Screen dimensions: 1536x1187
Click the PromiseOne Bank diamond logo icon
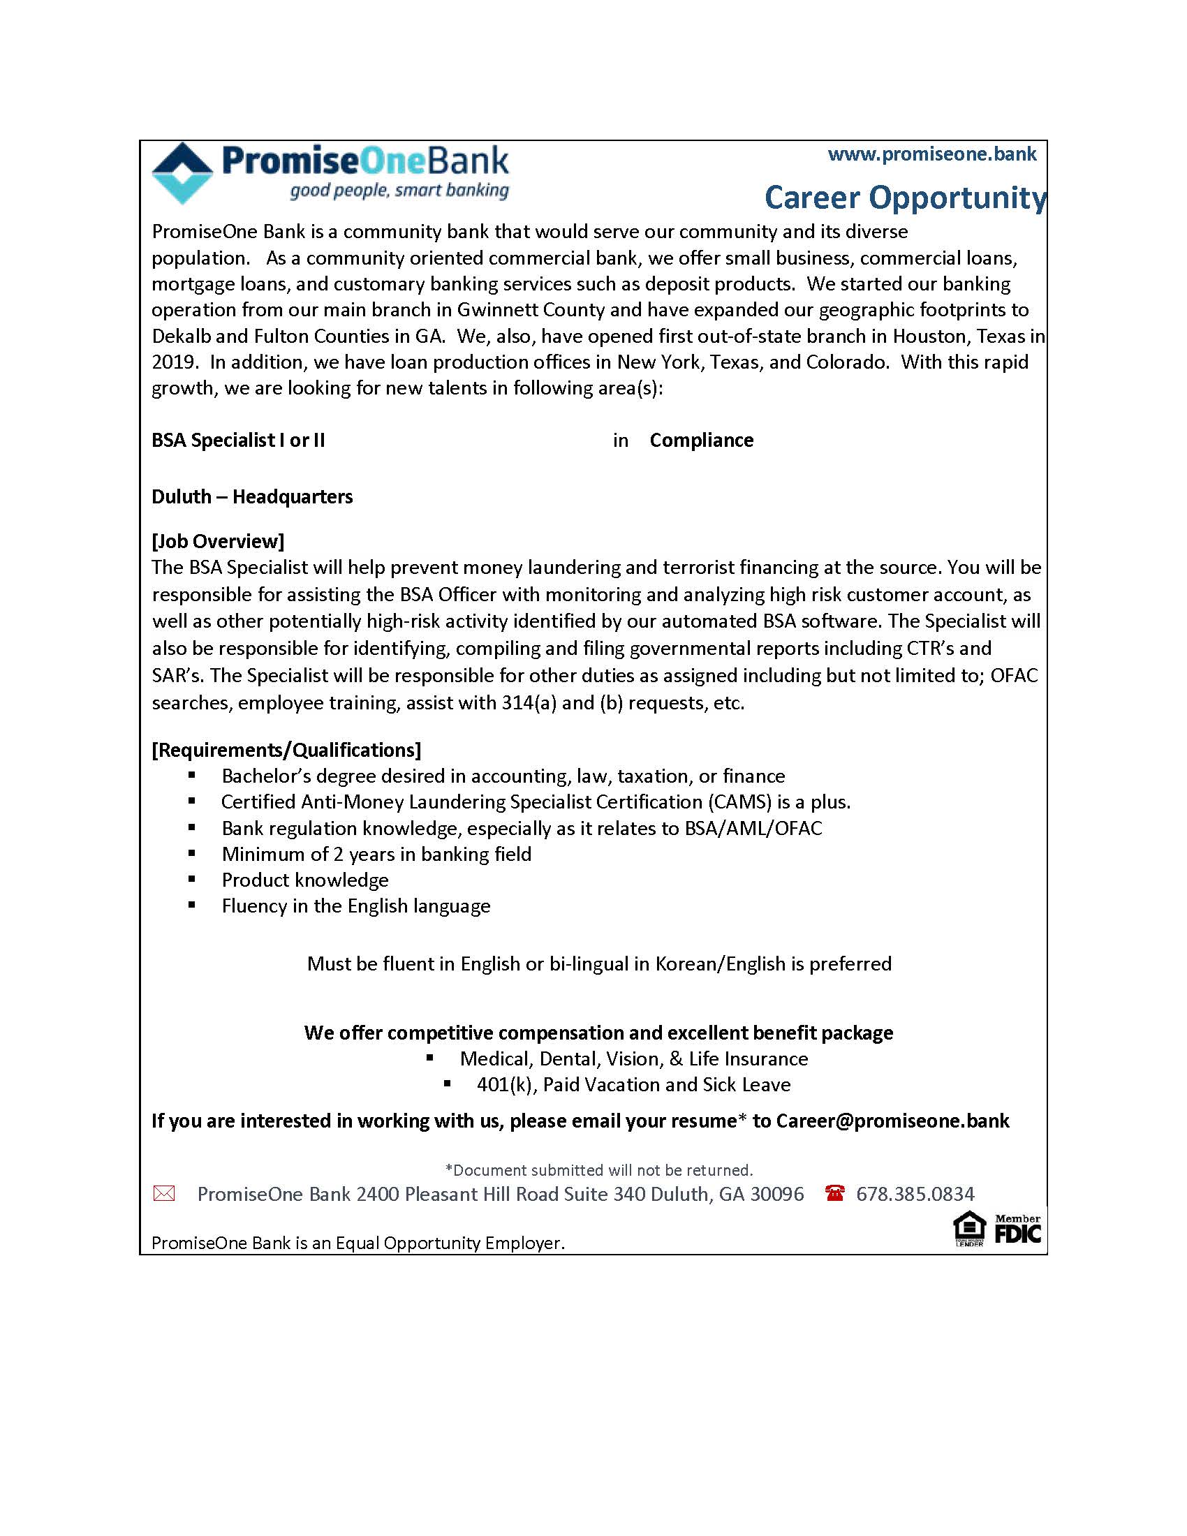click(182, 173)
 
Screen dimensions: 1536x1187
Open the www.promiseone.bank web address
click(931, 154)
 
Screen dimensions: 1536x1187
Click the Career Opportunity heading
click(904, 198)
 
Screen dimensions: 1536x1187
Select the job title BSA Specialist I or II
click(238, 441)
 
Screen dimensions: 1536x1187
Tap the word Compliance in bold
click(701, 441)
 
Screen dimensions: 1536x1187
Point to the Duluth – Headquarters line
click(252, 496)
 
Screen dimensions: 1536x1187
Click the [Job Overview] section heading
click(218, 541)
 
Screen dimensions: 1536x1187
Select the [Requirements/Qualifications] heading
click(286, 750)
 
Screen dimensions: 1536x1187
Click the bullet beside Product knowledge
click(192, 880)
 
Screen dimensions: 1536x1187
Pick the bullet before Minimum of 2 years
click(192, 854)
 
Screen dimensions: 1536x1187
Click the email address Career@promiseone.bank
click(892, 1121)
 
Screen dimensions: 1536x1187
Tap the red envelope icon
click(164, 1193)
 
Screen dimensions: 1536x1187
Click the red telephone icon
click(834, 1193)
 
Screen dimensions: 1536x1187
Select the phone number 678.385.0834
click(915, 1193)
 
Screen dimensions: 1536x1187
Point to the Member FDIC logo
click(1017, 1229)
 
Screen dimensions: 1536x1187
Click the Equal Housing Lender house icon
click(969, 1228)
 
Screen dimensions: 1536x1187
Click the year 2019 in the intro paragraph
click(172, 362)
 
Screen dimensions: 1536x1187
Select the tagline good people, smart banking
click(399, 191)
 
